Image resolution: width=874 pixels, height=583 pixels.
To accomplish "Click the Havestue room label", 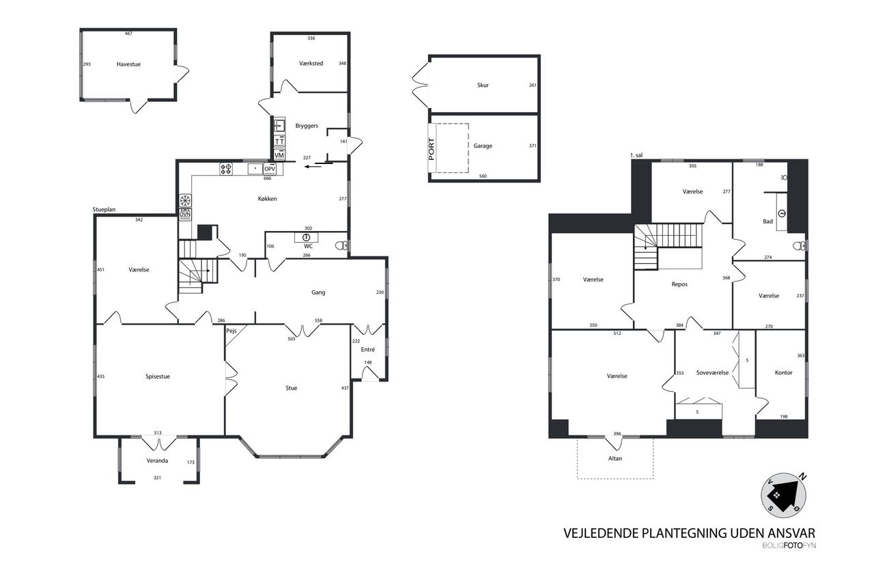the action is (x=128, y=64).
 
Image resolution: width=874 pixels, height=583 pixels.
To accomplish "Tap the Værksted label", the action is (x=311, y=64).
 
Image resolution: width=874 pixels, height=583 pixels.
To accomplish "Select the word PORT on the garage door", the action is (x=431, y=149).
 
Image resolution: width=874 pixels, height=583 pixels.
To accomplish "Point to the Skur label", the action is (x=483, y=85).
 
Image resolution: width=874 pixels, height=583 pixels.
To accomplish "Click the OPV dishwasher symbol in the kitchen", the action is (x=270, y=169).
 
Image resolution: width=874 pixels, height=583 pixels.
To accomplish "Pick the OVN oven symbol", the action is (x=185, y=215).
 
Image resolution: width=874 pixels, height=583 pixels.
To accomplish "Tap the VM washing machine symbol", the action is (x=279, y=155).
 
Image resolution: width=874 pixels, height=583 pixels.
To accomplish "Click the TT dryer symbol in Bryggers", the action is (x=279, y=141).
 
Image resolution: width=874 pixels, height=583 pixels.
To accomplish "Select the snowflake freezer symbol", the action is (x=185, y=201).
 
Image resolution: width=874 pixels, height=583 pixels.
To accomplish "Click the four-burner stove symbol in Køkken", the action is (x=226, y=169).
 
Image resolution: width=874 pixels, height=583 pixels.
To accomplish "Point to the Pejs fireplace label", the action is (x=231, y=331).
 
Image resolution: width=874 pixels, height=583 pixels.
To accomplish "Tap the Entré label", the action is (x=368, y=349).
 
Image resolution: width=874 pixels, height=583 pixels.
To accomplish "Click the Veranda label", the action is (x=157, y=461).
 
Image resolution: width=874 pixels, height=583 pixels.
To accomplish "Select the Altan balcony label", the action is (x=615, y=459).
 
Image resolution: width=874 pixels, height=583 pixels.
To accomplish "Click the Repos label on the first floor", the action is (x=679, y=284).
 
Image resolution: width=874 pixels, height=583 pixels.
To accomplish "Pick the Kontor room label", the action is (x=783, y=372).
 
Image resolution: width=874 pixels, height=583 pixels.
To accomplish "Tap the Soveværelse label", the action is (x=712, y=372).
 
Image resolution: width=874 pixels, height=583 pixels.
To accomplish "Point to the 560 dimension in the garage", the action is (x=483, y=176).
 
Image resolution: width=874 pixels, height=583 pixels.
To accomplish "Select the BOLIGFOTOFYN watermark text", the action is (x=789, y=545).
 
